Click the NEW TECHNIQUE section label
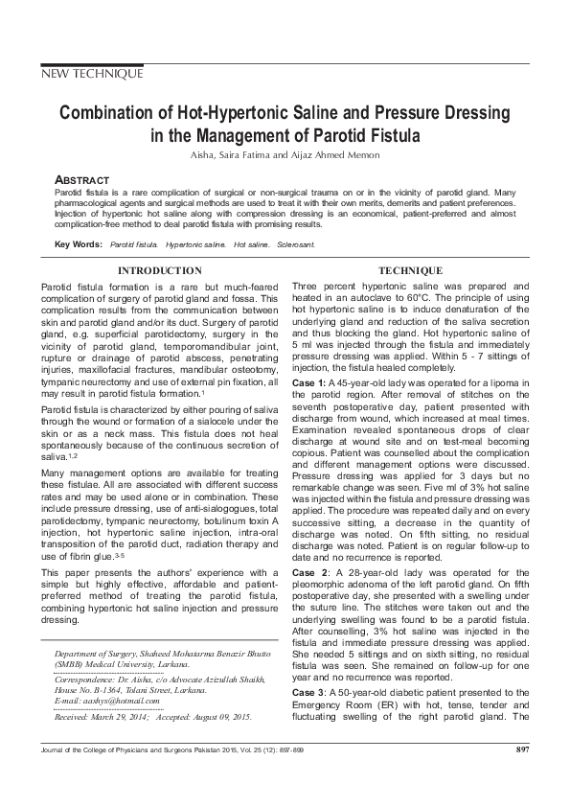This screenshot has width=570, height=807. click(92, 74)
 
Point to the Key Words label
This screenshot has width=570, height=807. click(78, 245)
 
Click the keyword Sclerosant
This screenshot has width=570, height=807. click(297, 246)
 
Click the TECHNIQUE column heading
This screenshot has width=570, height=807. click(410, 271)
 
